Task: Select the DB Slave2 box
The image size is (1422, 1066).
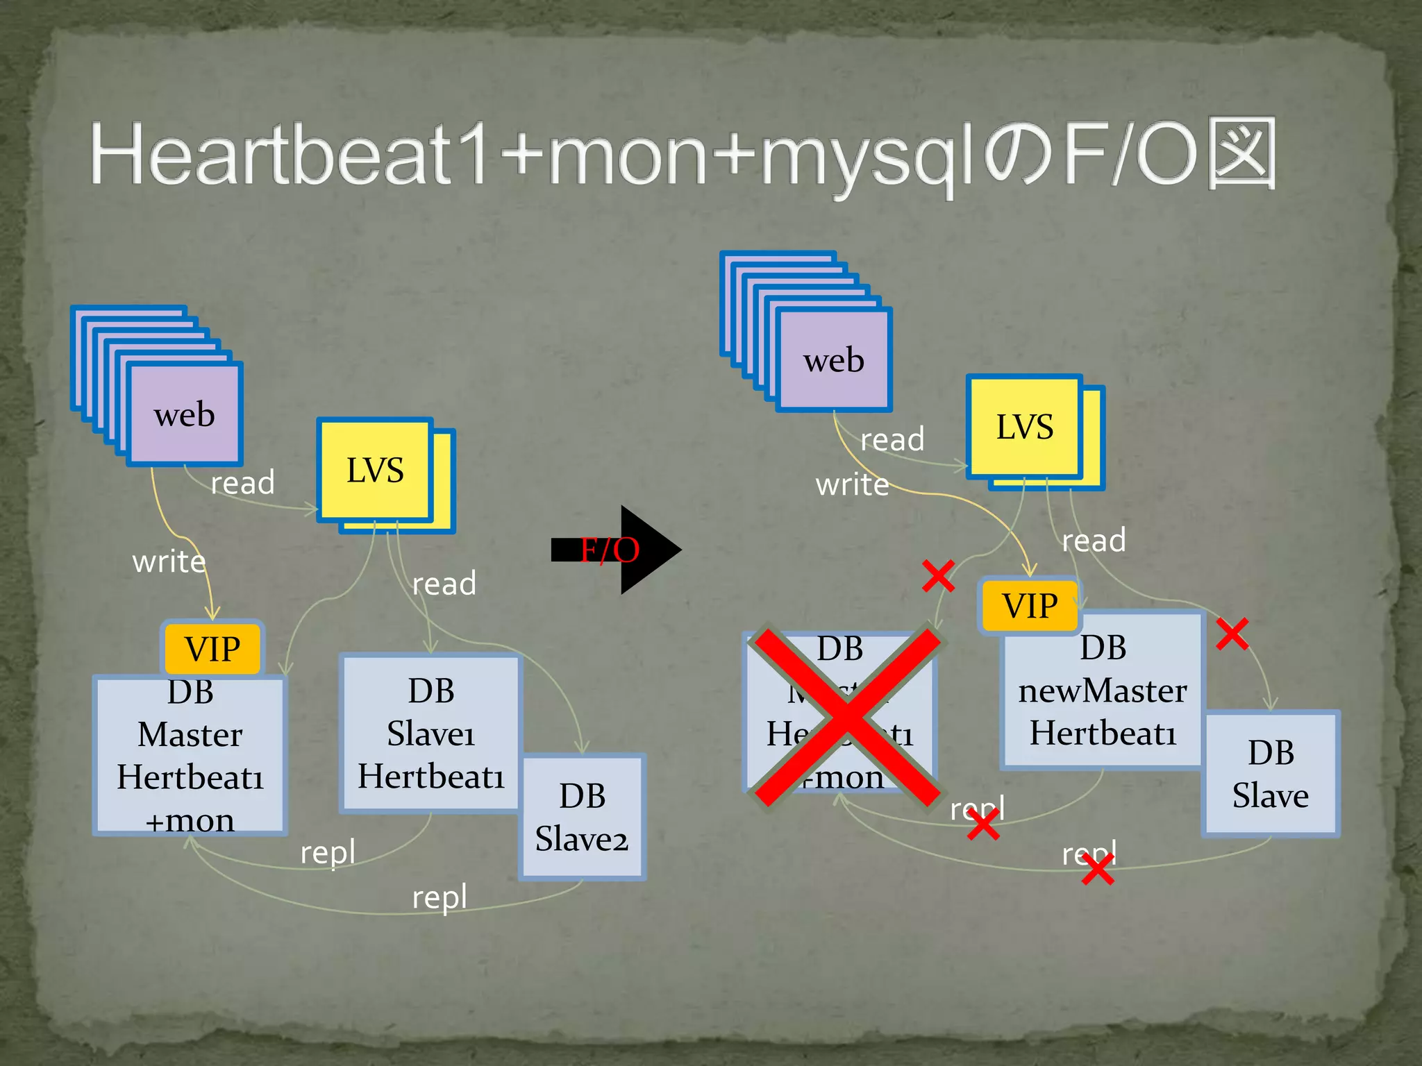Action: coord(582,818)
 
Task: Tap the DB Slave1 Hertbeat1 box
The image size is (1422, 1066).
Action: coord(430,733)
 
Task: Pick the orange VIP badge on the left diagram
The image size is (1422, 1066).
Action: coord(212,649)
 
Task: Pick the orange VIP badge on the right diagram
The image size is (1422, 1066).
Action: coord(1030,605)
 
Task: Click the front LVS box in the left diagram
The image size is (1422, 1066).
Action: coord(375,470)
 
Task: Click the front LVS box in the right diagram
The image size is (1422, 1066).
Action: coord(1024,426)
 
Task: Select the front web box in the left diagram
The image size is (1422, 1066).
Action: coord(185,414)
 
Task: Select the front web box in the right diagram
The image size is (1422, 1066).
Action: coord(834,360)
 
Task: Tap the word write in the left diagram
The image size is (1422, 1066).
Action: coord(169,561)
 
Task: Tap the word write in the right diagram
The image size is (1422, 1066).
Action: coord(852,484)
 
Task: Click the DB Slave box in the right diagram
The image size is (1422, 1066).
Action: coord(1271,774)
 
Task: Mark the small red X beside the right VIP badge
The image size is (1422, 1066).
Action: coord(938,575)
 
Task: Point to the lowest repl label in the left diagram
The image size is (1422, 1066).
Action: coord(440,897)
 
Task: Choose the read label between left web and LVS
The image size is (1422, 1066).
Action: coord(242,482)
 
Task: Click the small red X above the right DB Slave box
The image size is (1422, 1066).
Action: coord(1232,634)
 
